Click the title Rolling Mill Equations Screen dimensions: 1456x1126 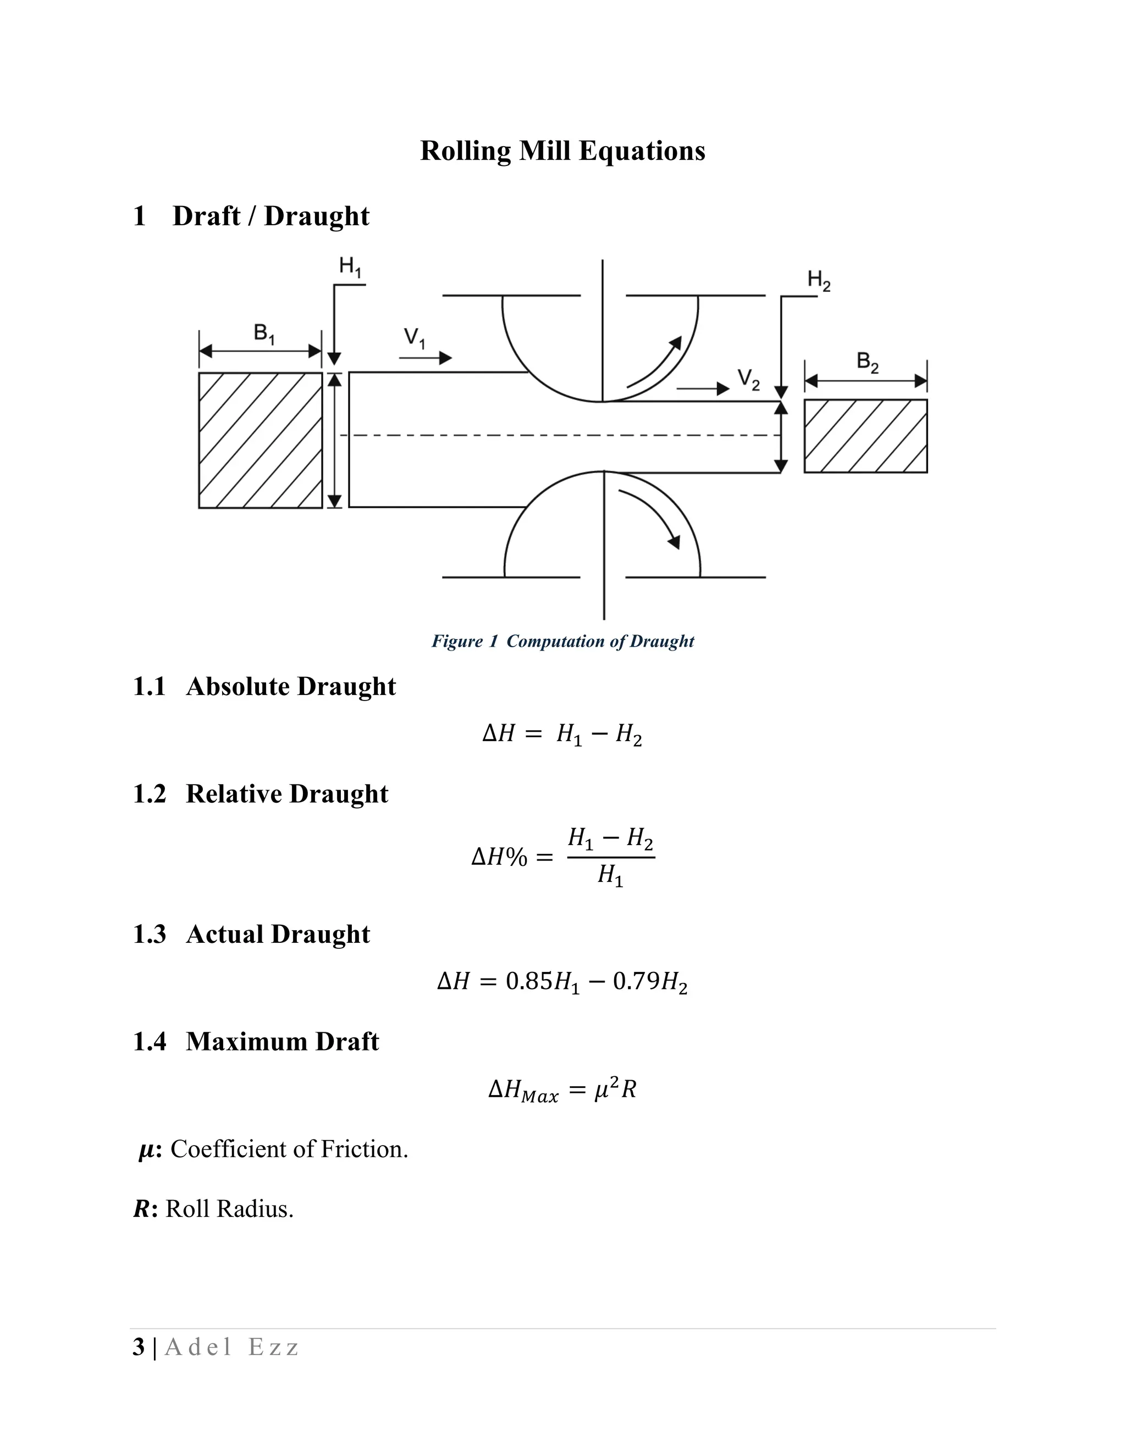click(x=562, y=151)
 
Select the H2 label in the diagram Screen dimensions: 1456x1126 click(x=819, y=280)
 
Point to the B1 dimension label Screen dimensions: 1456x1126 click(x=264, y=334)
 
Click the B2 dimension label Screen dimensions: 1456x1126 click(x=867, y=363)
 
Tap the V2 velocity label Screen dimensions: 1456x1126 click(x=748, y=380)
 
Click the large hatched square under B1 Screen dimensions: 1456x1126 click(x=260, y=440)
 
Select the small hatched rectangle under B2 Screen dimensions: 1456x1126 click(x=865, y=436)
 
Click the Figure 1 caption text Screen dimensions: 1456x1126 click(x=562, y=641)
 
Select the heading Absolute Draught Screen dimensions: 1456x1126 click(x=291, y=687)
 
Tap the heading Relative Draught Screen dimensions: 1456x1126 click(x=287, y=794)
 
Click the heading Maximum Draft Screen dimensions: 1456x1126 click(x=282, y=1041)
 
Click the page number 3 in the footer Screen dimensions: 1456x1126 click(x=139, y=1347)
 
